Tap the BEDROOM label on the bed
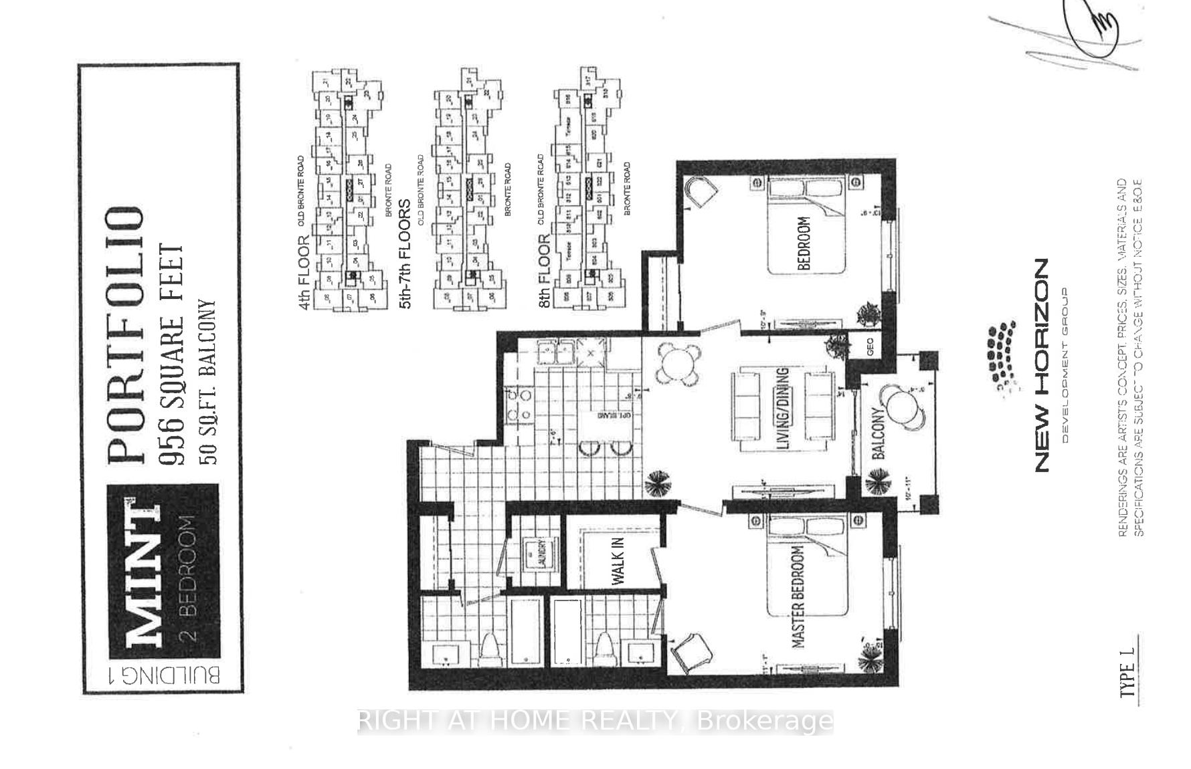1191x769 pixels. [804, 243]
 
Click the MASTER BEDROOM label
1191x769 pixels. [798, 597]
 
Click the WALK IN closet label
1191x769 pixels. [618, 560]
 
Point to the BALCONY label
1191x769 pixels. [879, 433]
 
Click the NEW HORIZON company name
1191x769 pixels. [1041, 365]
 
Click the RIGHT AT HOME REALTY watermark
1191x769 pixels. [595, 721]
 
